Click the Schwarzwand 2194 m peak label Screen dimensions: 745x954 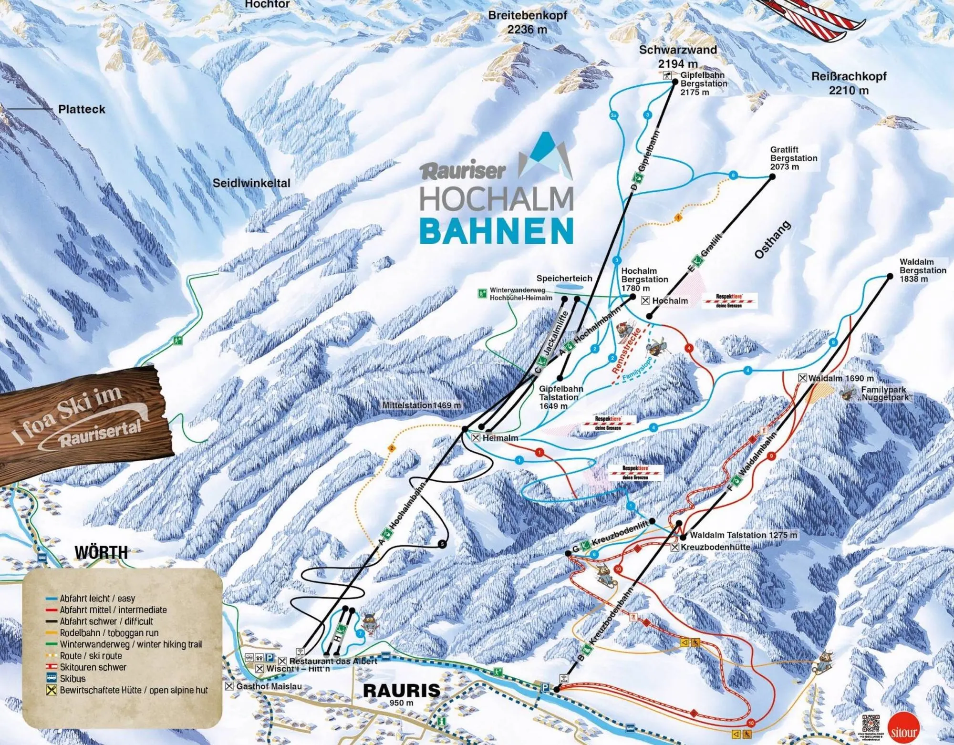click(x=677, y=56)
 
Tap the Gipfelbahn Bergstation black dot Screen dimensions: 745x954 click(x=675, y=82)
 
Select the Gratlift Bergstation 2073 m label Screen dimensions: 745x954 click(x=793, y=158)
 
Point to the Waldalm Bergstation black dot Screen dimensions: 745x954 click(x=890, y=276)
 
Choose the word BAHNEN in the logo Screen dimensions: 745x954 click(x=496, y=231)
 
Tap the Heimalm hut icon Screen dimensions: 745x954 click(x=476, y=437)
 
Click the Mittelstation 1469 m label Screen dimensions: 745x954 click(x=422, y=405)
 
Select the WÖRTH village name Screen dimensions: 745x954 click(x=101, y=553)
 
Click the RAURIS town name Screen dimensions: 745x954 click(x=402, y=690)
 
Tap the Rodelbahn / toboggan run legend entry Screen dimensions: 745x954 click(x=109, y=633)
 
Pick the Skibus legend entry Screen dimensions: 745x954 click(x=72, y=678)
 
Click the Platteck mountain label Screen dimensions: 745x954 click(x=82, y=109)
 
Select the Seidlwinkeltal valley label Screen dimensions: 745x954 click(x=251, y=183)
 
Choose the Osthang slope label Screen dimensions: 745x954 click(x=772, y=240)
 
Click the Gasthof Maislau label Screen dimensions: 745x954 click(x=269, y=686)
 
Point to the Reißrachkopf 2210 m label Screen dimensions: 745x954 click(x=849, y=83)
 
